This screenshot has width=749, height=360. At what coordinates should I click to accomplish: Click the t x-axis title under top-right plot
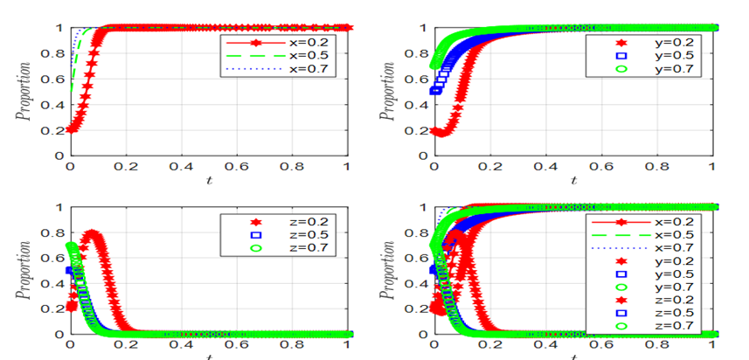573,180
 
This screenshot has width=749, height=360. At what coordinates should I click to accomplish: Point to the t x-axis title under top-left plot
208,180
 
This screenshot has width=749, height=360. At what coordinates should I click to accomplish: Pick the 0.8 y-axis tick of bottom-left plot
55,233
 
